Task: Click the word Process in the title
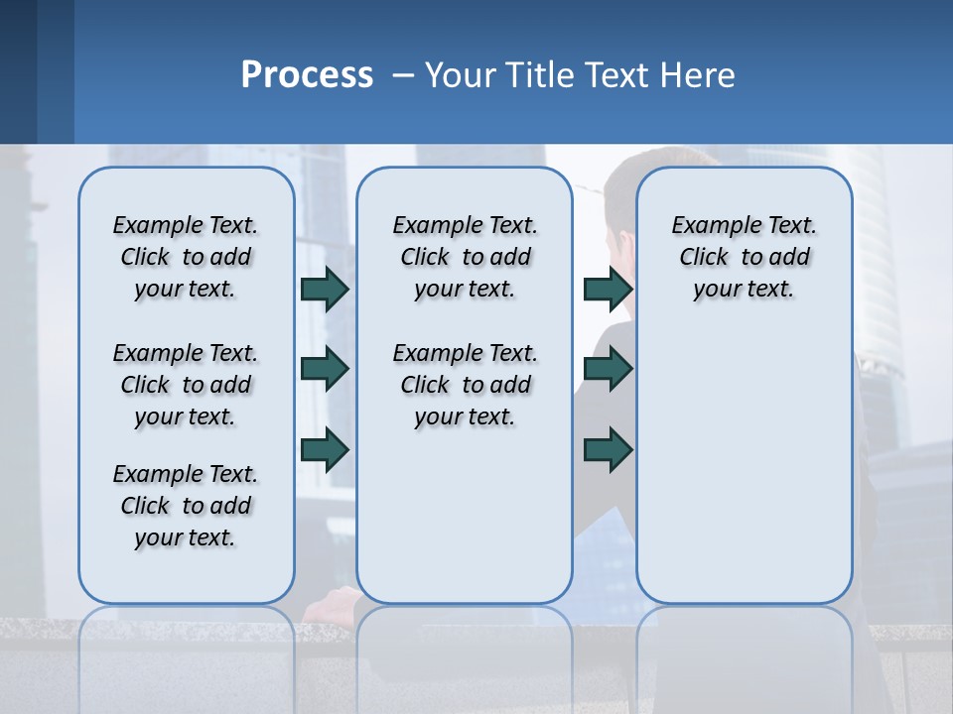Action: click(307, 74)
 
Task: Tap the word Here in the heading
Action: click(699, 75)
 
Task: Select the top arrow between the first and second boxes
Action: click(325, 289)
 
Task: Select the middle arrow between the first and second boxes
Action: click(325, 369)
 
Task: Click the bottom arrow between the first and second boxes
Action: click(325, 449)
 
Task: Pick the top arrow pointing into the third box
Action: click(608, 289)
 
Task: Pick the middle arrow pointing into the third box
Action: click(608, 369)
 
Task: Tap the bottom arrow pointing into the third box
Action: click(608, 449)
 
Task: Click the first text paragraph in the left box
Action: click(186, 257)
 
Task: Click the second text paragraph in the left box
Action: click(186, 385)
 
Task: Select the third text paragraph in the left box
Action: click(186, 506)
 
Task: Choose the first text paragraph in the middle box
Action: click(465, 257)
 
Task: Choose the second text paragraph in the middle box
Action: click(465, 385)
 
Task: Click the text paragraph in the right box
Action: click(744, 257)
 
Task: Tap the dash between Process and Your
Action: click(403, 75)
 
